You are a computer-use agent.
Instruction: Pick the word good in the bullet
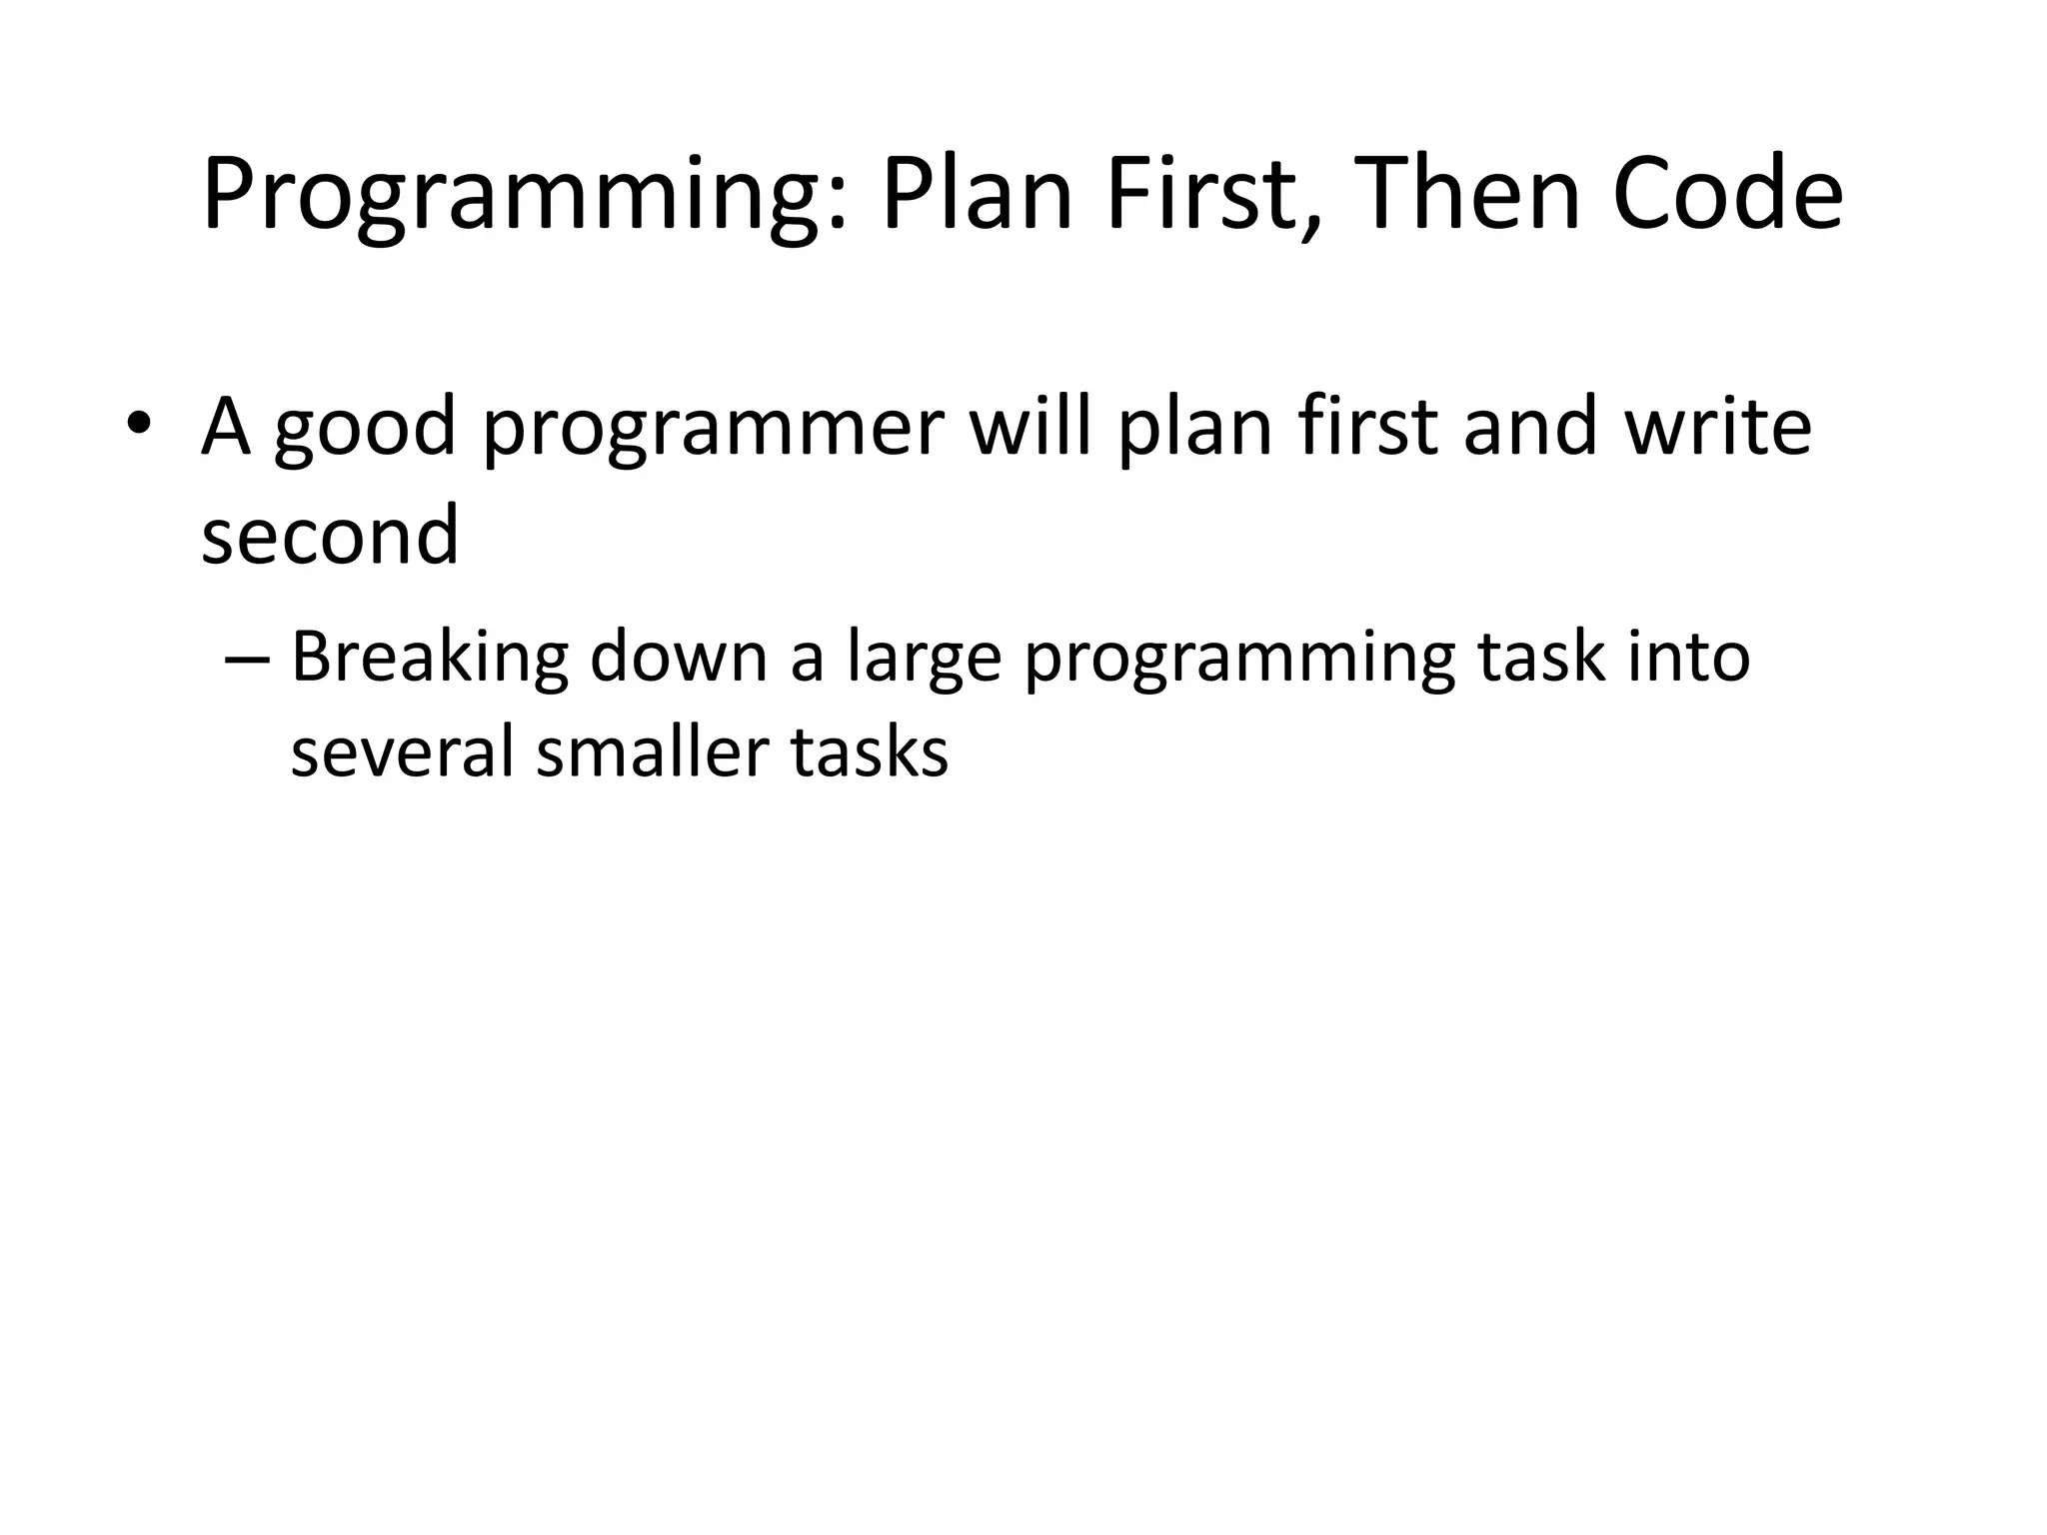point(365,430)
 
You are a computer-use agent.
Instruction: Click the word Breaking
point(429,660)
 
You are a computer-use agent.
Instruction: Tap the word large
point(924,660)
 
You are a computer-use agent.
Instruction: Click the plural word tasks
point(869,752)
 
